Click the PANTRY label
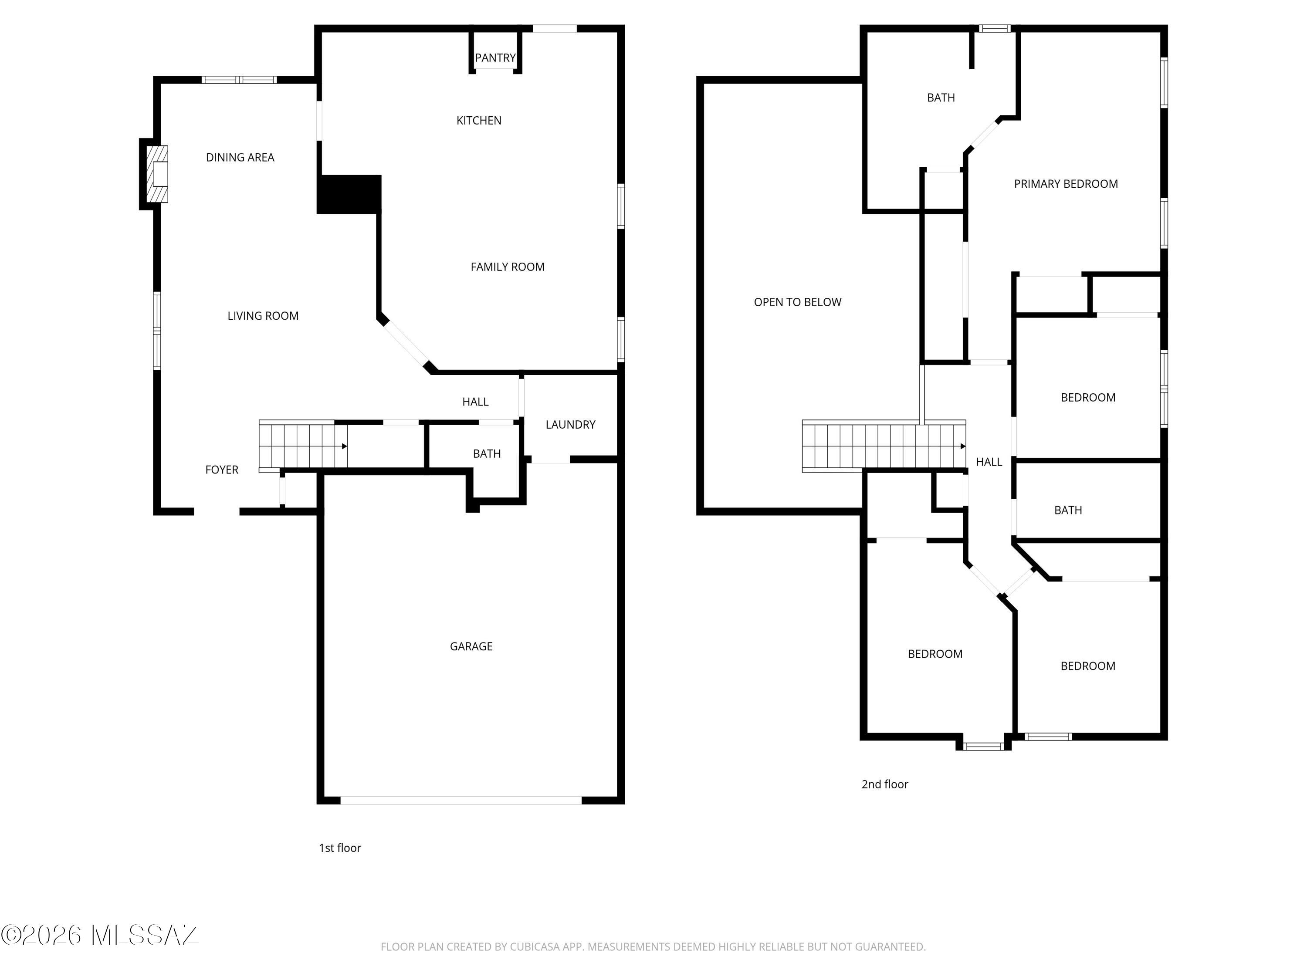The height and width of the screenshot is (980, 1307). click(x=495, y=58)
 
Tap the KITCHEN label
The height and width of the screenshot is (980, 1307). click(x=479, y=121)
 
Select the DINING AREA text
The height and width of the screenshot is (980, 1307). click(x=240, y=157)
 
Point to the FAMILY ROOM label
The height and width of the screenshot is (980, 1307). click(x=508, y=267)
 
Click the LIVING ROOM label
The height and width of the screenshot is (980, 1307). click(x=263, y=316)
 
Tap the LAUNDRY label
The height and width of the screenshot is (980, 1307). click(x=570, y=425)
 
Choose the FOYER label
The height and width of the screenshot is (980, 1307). click(x=222, y=470)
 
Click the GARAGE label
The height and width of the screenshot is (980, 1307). click(x=471, y=646)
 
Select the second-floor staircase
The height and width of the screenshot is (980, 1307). click(x=884, y=446)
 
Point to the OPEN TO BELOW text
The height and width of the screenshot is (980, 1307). click(x=797, y=302)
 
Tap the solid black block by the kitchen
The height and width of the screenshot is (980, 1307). click(x=349, y=194)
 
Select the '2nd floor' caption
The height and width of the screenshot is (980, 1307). click(x=884, y=784)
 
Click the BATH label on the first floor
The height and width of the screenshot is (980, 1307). click(x=487, y=454)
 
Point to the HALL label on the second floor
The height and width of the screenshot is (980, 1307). click(x=989, y=462)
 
